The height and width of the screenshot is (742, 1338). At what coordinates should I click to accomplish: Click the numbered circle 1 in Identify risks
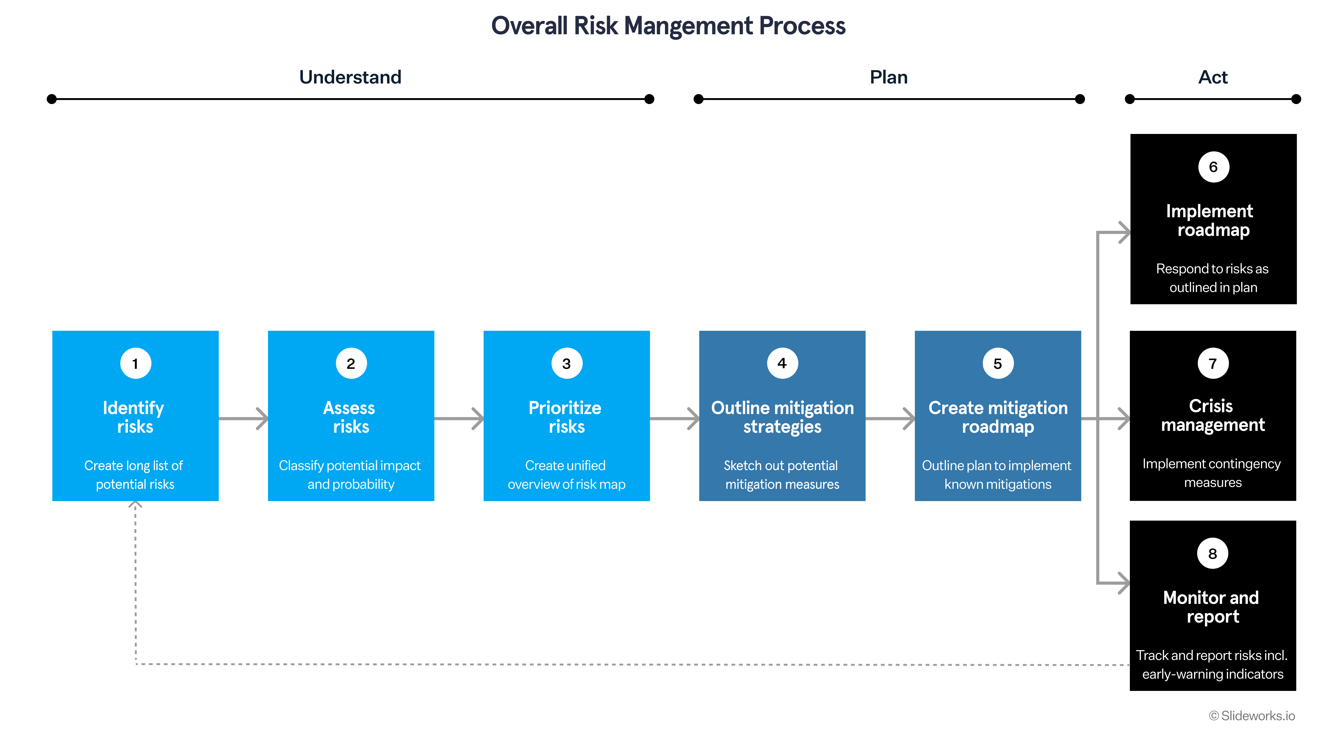pyautogui.click(x=136, y=364)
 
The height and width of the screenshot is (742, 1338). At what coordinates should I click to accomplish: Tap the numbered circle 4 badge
pyautogui.click(x=782, y=364)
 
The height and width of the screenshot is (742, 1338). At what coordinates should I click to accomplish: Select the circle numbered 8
pyautogui.click(x=1213, y=554)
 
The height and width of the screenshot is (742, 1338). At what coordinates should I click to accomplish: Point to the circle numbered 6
pyautogui.click(x=1213, y=167)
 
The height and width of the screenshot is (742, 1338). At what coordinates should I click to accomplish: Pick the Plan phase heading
pyautogui.click(x=889, y=77)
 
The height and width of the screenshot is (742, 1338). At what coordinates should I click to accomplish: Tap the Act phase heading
pyautogui.click(x=1213, y=77)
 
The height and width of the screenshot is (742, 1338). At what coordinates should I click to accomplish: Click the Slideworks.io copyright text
pyautogui.click(x=1252, y=716)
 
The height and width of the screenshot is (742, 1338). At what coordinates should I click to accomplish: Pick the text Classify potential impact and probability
pyautogui.click(x=350, y=475)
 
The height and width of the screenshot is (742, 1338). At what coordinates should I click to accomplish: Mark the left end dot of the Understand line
pyautogui.click(x=51, y=99)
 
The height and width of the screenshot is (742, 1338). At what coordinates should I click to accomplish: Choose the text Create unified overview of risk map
pyautogui.click(x=566, y=475)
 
